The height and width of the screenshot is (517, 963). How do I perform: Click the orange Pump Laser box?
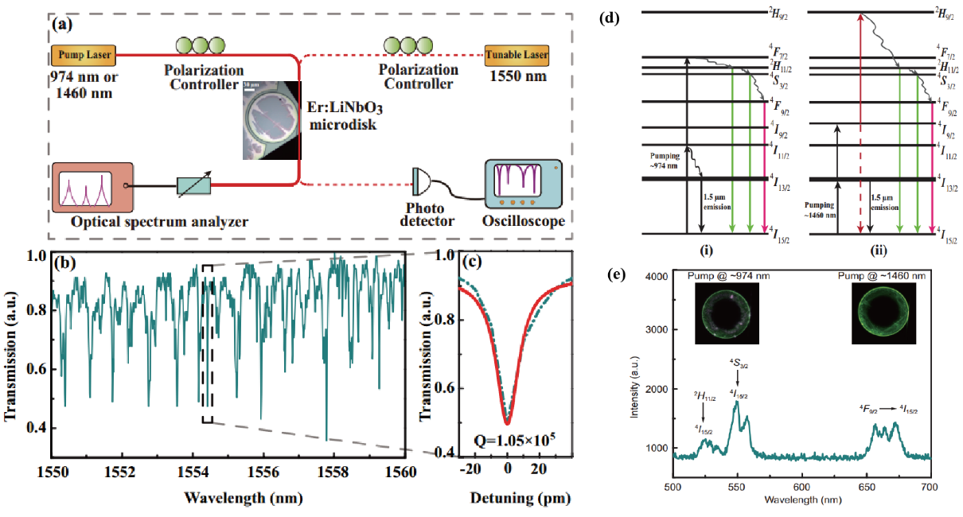[x=83, y=56]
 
